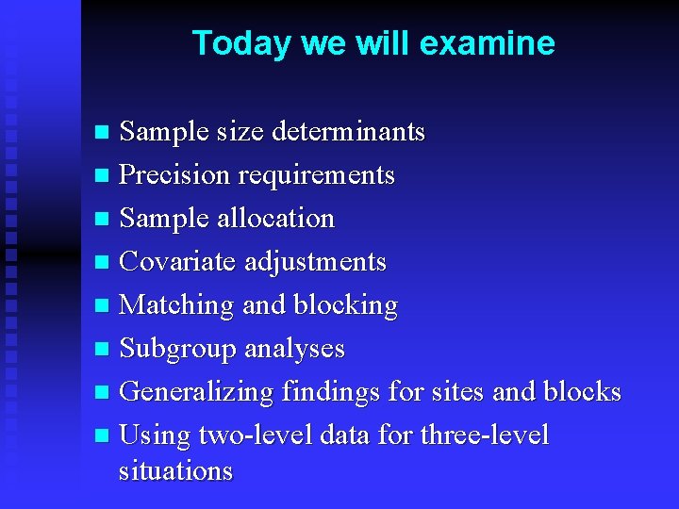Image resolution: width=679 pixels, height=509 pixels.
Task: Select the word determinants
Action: (x=348, y=131)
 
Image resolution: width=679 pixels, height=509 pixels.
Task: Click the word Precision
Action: (x=175, y=174)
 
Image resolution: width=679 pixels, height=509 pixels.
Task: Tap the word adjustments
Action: (x=315, y=261)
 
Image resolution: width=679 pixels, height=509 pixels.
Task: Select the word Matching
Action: (x=177, y=304)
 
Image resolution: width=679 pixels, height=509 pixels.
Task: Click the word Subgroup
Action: (x=178, y=348)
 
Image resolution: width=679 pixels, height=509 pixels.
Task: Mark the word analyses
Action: (x=294, y=348)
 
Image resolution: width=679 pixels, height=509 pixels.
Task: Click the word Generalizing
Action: (x=197, y=391)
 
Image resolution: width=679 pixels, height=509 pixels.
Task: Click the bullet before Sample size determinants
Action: (x=103, y=133)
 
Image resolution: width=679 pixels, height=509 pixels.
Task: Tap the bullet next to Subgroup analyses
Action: (x=103, y=350)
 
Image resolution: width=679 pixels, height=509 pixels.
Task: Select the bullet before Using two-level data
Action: (x=103, y=436)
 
